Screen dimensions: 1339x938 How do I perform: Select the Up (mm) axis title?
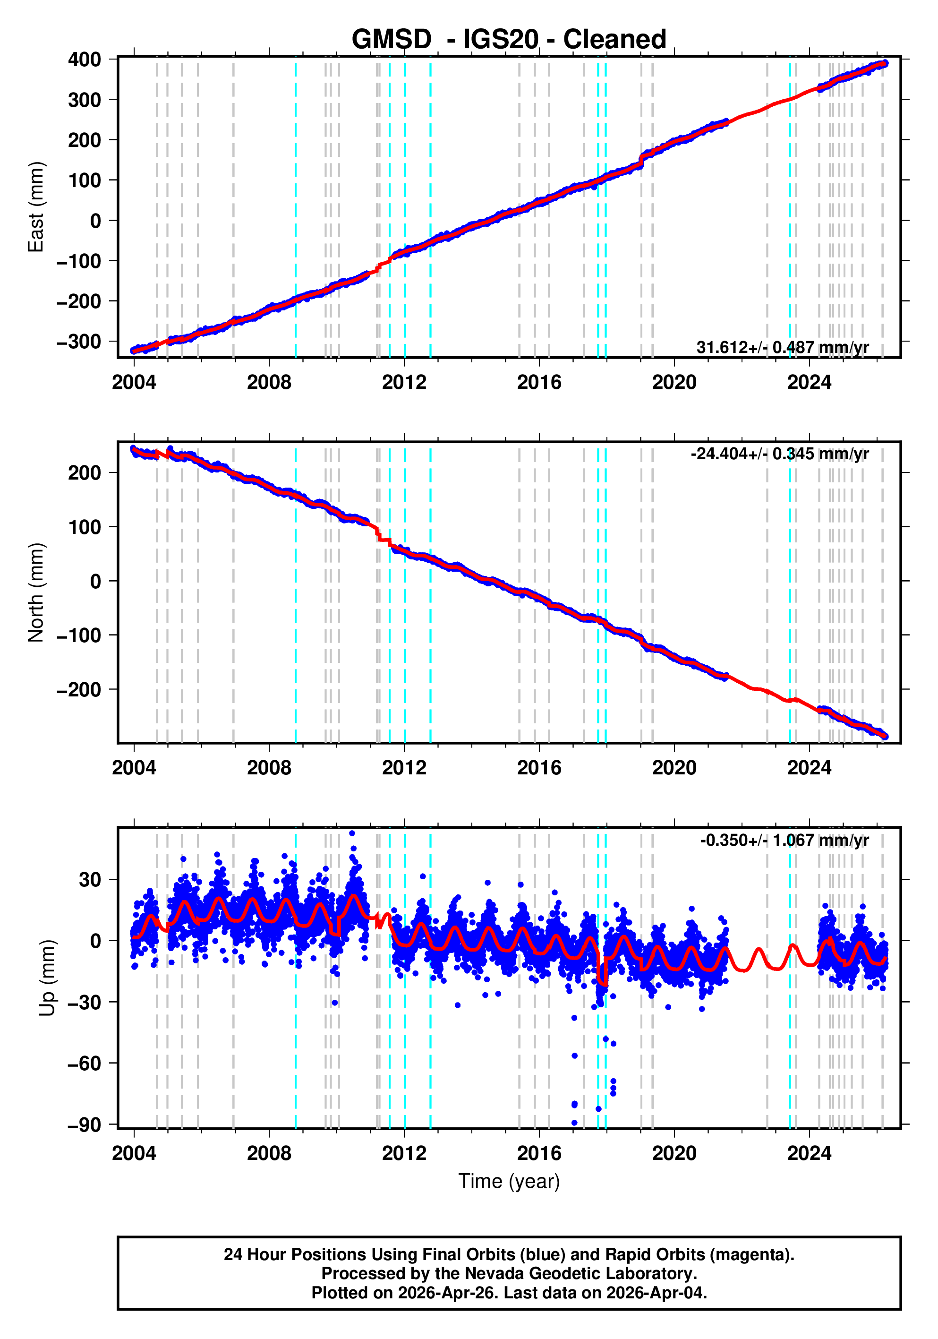[48, 978]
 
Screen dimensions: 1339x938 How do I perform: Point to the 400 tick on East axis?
[84, 60]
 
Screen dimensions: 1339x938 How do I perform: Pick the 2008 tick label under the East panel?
[269, 383]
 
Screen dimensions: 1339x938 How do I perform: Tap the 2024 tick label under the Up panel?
[809, 1153]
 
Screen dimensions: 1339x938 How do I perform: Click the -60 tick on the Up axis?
[84, 1064]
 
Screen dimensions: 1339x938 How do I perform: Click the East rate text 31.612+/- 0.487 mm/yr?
[782, 348]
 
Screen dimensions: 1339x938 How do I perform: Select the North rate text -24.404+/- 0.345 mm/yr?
[779, 454]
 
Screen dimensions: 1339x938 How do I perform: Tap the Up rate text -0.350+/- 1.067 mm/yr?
[784, 841]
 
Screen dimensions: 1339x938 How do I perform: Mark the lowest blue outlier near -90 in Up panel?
[574, 1123]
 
